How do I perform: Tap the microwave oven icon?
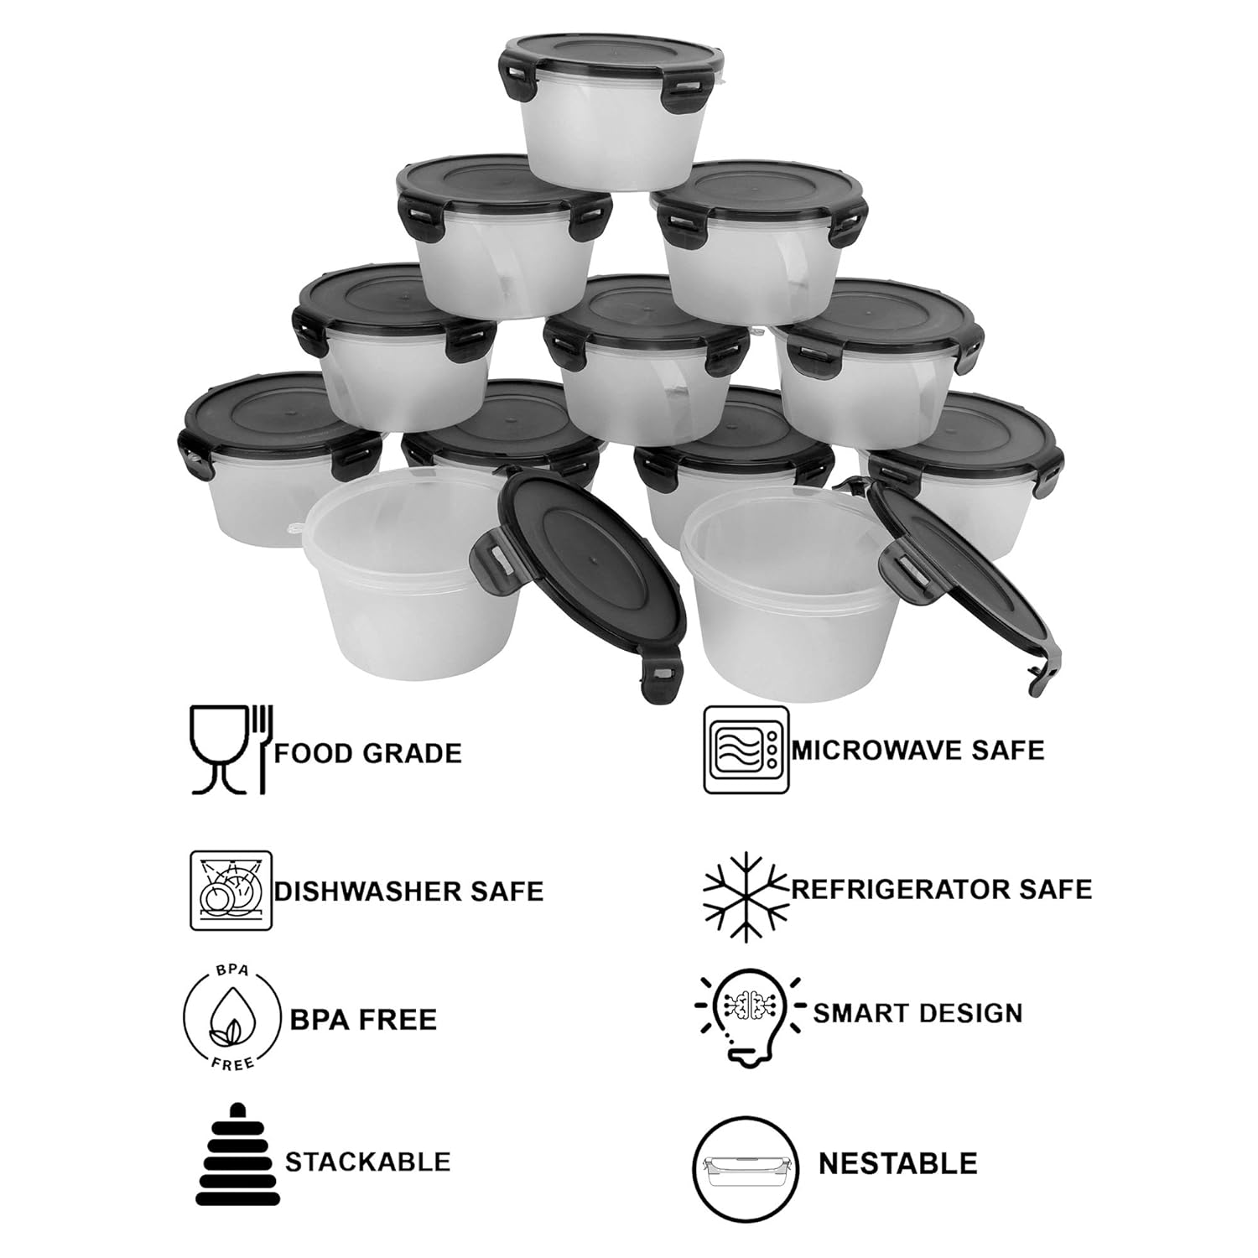point(746,749)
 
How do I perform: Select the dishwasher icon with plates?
point(231,891)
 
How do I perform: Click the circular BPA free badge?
point(231,1018)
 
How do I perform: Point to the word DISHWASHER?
point(369,891)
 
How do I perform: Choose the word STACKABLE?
point(367,1162)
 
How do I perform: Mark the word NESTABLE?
point(897,1164)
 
